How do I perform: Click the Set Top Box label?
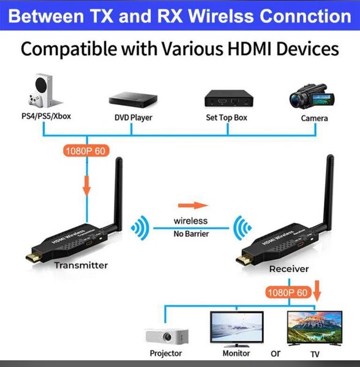point(227,117)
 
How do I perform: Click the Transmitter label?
point(81,265)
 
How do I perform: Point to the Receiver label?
point(289,269)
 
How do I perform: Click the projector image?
point(166,335)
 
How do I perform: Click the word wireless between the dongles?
point(190,221)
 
